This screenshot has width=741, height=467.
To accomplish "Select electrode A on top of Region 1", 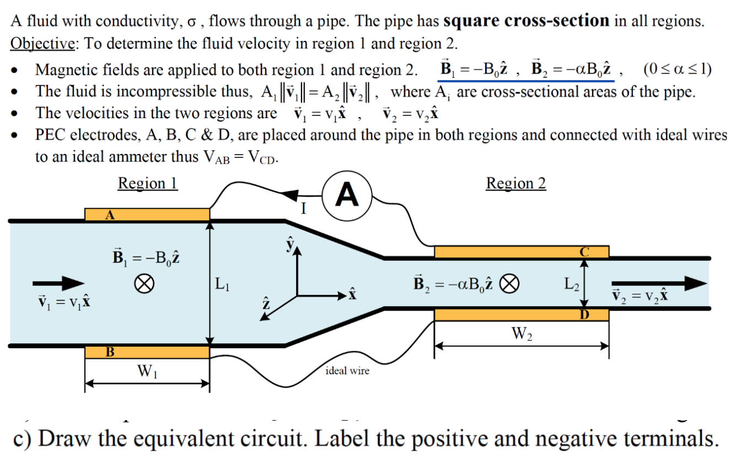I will pos(147,214).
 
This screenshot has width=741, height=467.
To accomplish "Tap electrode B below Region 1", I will pos(147,352).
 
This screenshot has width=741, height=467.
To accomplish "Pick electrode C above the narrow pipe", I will pos(521,252).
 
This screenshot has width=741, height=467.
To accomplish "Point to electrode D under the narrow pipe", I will pos(521,315).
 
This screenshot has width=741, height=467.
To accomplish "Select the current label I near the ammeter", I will pos(303,209).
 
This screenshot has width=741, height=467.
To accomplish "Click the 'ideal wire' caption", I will pos(347,370).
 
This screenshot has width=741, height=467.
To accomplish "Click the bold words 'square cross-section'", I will pos(527,22).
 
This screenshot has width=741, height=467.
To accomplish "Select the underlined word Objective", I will pos(42,44).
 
